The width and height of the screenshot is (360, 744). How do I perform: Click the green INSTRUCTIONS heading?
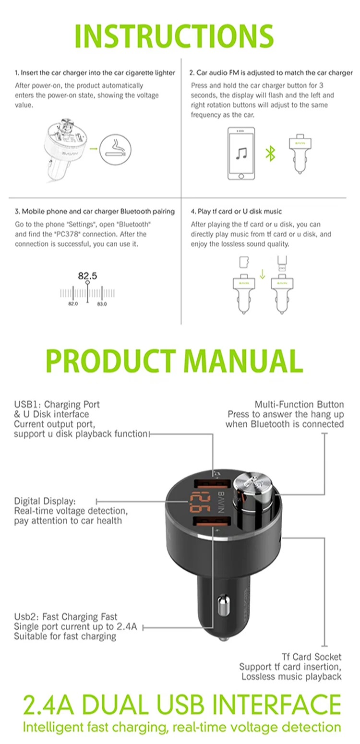[x=174, y=36]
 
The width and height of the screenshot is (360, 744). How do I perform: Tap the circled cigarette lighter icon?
[x=115, y=149]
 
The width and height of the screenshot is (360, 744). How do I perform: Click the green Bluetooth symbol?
[x=271, y=154]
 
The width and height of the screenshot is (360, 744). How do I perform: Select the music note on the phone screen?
[x=241, y=154]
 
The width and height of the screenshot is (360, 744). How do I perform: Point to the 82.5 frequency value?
[x=88, y=276]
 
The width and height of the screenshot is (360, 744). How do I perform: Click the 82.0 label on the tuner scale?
[x=73, y=304]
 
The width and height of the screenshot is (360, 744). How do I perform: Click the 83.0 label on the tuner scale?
[x=102, y=304]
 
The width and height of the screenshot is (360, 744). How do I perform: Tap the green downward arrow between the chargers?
[x=263, y=274]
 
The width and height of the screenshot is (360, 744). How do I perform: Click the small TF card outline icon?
[x=244, y=262]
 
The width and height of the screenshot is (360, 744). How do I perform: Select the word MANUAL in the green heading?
[x=243, y=361]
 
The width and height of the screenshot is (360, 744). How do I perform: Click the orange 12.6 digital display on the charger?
[x=200, y=502]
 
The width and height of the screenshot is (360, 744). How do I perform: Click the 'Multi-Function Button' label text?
[x=299, y=405]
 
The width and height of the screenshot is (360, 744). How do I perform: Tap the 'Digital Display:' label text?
[x=45, y=501]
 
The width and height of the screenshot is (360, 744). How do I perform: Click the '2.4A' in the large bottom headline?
[x=49, y=704]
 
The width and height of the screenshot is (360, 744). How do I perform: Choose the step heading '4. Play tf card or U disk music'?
[x=236, y=211]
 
